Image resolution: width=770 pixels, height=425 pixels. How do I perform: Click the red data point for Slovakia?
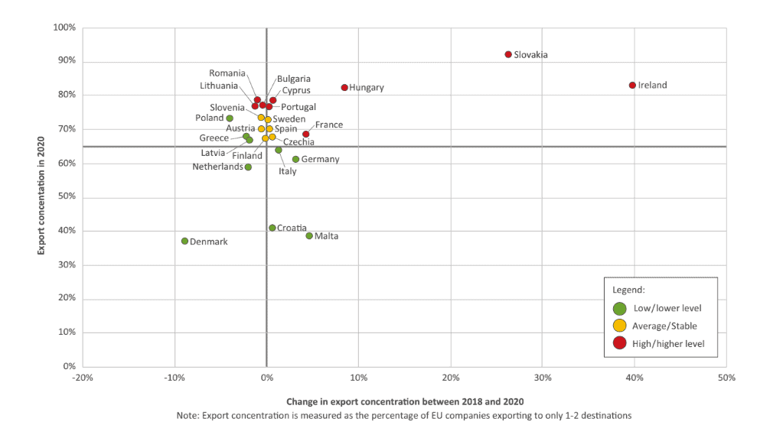click(508, 54)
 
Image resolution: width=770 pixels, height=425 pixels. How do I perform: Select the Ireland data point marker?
click(632, 85)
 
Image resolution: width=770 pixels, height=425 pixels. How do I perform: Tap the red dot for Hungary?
click(344, 88)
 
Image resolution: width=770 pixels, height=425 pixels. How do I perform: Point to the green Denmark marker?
click(184, 241)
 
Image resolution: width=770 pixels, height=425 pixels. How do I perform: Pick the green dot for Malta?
click(309, 235)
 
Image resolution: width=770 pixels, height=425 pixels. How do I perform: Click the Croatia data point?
click(272, 228)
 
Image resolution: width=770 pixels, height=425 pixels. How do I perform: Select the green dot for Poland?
click(230, 118)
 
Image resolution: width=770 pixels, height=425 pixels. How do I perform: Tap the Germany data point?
click(295, 159)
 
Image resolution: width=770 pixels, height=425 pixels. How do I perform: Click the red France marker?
click(305, 134)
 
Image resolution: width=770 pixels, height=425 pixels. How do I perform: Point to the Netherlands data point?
click(248, 167)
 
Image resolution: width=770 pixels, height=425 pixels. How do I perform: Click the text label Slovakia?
click(530, 55)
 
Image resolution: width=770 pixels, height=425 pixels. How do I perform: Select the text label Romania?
click(227, 73)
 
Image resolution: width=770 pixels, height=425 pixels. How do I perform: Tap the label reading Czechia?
click(299, 142)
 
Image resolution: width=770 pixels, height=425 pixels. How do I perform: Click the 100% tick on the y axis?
click(64, 28)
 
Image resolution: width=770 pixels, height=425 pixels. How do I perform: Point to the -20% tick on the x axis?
click(83, 378)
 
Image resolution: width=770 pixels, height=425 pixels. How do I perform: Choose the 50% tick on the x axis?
click(726, 378)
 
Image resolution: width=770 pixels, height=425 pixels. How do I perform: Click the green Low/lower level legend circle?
click(620, 308)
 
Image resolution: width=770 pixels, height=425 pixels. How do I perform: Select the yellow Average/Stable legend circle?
click(620, 326)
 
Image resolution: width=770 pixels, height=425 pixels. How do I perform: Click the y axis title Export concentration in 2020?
click(42, 196)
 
